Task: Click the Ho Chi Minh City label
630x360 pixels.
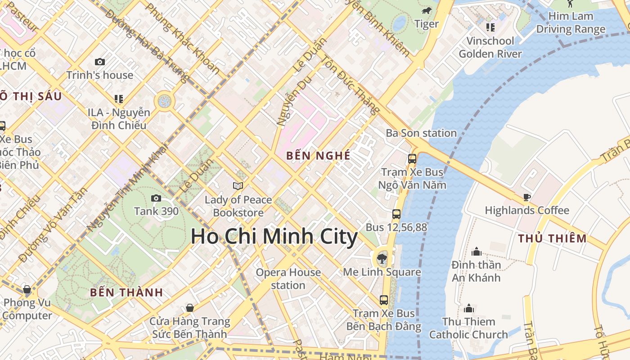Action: tap(274, 237)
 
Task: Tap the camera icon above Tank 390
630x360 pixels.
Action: tap(156, 198)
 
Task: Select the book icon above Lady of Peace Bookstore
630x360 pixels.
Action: tap(238, 186)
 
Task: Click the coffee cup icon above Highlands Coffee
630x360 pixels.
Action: tap(526, 197)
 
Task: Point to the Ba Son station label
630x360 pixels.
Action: tap(421, 133)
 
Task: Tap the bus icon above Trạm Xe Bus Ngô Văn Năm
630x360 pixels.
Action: tap(412, 158)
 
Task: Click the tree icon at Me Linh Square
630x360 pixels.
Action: tap(382, 259)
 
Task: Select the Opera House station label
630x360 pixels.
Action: tap(288, 279)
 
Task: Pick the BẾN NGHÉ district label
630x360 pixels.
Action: tap(318, 156)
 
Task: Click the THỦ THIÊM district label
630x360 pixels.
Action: tap(552, 238)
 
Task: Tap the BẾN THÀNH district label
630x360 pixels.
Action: tap(126, 292)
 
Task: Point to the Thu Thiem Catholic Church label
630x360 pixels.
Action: tap(468, 328)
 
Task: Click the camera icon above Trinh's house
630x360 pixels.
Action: tap(100, 62)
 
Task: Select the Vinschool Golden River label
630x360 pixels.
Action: tap(490, 47)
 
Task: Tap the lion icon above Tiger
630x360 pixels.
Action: tap(426, 11)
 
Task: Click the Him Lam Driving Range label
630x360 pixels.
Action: tap(571, 23)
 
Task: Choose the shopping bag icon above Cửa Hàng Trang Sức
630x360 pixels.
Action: tap(190, 308)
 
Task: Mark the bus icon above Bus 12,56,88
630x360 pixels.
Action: tap(396, 214)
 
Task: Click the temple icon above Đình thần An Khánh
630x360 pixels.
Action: tap(476, 252)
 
